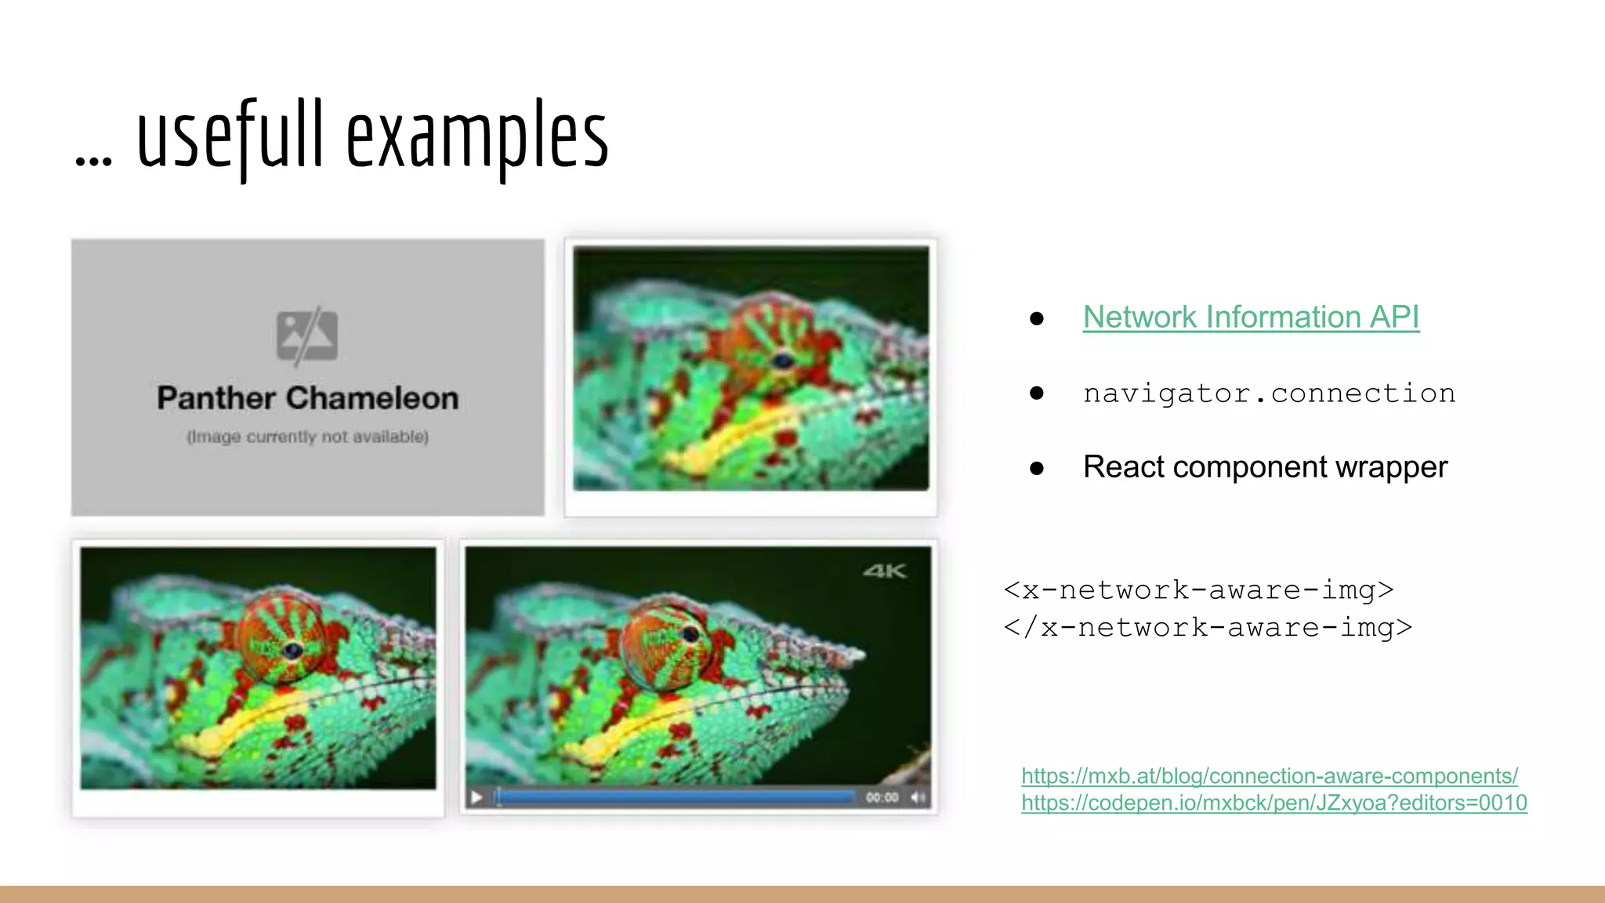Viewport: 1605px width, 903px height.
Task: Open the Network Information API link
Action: point(1251,317)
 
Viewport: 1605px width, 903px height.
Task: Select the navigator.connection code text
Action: point(1269,393)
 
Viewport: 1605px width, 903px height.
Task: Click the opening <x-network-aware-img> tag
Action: point(1198,589)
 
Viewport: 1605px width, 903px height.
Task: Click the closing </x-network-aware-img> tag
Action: point(1208,627)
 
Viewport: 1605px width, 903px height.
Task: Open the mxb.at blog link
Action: point(1269,776)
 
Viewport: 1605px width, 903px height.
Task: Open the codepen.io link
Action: point(1273,803)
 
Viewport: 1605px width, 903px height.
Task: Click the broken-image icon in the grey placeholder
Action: point(307,335)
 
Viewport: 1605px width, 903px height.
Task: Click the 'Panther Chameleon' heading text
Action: point(307,398)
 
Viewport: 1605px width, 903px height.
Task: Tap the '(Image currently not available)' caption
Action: point(307,437)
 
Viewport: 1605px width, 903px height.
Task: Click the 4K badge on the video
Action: point(885,571)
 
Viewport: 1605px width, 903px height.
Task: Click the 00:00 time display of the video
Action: point(882,797)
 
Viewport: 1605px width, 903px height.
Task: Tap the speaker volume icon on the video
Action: point(918,797)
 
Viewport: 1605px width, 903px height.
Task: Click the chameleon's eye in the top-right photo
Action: point(782,361)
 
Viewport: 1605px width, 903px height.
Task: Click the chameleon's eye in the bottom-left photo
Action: point(292,650)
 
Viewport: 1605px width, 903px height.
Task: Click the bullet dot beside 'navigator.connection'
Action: point(1037,393)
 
